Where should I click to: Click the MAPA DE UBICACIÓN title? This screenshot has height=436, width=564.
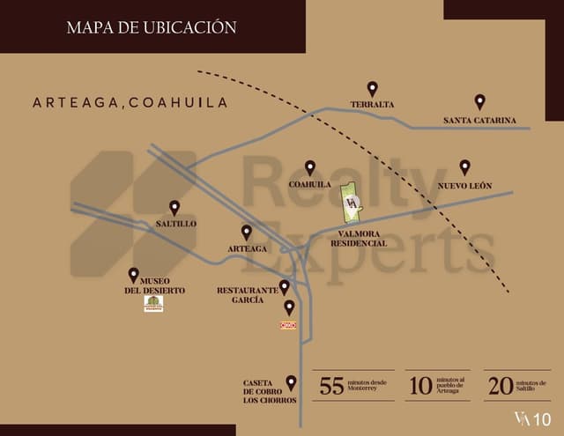click(x=152, y=27)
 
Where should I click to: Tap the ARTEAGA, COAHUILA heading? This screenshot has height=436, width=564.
click(x=130, y=103)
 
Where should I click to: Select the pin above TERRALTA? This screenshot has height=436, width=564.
click(x=372, y=89)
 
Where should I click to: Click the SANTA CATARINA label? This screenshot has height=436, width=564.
click(x=479, y=120)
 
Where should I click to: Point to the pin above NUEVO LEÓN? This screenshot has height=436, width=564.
click(x=464, y=167)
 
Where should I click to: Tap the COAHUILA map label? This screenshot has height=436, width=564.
click(x=309, y=184)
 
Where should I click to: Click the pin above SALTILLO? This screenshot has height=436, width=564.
click(x=174, y=207)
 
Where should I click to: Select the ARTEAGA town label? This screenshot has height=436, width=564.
click(x=247, y=248)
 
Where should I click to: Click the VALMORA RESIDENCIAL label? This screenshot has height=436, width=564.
click(x=359, y=238)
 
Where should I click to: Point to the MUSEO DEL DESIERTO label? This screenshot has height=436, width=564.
click(x=154, y=285)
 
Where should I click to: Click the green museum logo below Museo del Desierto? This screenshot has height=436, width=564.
click(x=153, y=304)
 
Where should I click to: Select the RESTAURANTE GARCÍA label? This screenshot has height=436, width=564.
click(x=241, y=294)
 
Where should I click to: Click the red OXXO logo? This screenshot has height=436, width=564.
click(x=288, y=325)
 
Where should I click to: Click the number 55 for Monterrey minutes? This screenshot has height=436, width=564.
click(x=331, y=386)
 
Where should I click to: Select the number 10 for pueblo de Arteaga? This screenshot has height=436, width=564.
click(x=419, y=386)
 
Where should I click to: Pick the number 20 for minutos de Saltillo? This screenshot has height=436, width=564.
click(x=500, y=386)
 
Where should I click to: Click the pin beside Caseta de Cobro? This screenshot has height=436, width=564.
click(x=292, y=382)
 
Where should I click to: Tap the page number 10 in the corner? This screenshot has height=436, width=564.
click(x=542, y=418)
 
